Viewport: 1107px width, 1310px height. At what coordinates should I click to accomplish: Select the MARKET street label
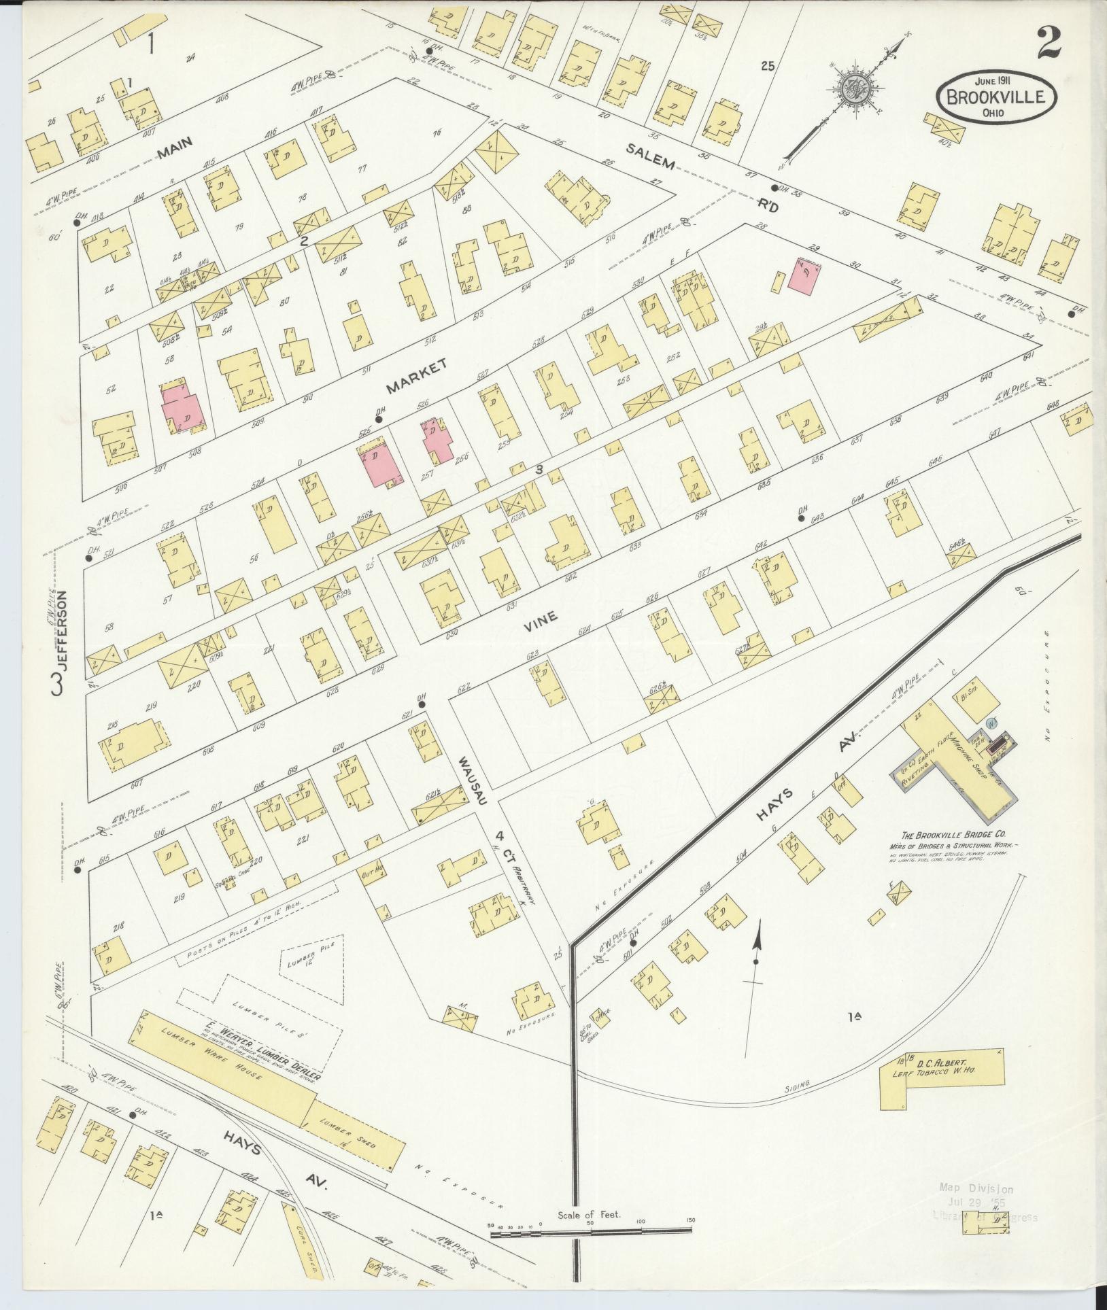pos(416,377)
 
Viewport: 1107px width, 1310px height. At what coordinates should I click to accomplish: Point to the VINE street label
pos(541,618)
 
